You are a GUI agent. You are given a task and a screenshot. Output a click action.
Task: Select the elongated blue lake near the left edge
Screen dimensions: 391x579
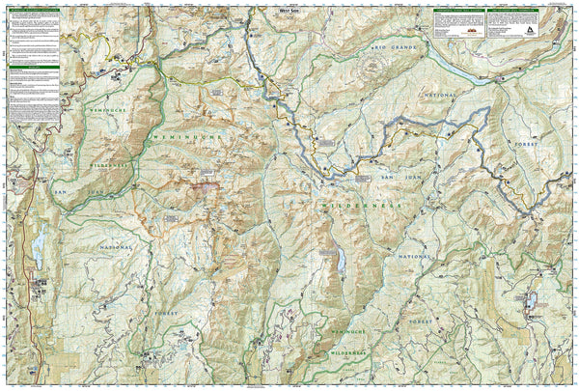coord(40,249)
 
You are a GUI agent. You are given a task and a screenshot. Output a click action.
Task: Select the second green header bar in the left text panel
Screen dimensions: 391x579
coord(32,69)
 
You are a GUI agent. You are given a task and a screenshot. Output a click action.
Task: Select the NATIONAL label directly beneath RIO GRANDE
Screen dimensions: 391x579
coord(440,97)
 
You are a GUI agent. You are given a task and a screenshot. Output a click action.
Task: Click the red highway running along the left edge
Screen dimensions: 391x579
coord(7,290)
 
